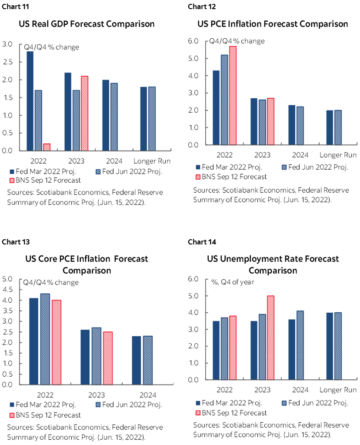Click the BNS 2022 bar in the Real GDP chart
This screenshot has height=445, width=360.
pos(47,147)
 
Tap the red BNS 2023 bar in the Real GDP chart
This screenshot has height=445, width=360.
pos(84,113)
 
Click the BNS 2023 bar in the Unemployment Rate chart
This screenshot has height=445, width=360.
pos(270,338)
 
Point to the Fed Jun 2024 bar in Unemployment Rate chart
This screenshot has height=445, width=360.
pos(300,345)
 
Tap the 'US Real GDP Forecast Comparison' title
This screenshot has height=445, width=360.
pos(87,24)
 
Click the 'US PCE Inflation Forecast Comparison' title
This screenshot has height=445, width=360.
pos(273,24)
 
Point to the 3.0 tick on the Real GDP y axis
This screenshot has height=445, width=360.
pos(7,44)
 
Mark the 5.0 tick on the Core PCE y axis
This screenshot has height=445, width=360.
pos(7,279)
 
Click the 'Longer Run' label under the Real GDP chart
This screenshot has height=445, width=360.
pos(152,161)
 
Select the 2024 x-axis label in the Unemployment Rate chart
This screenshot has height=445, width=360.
pos(300,389)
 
